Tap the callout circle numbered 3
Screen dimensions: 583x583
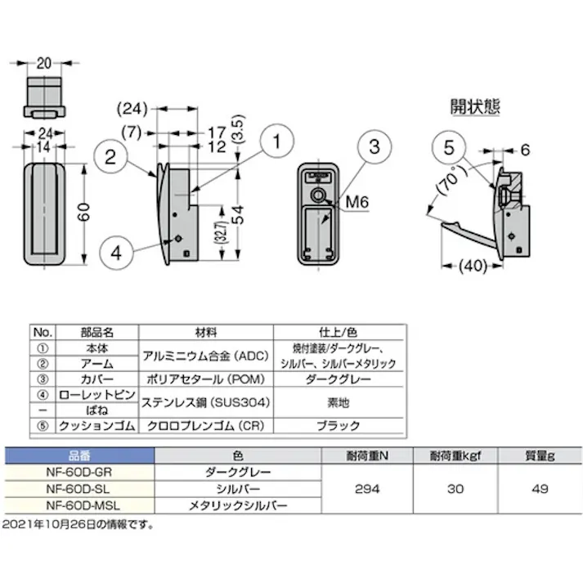[x=374, y=148]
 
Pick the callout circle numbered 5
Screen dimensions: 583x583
[x=448, y=149]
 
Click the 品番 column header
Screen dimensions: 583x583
[x=78, y=455]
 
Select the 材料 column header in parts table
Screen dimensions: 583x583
[x=205, y=332]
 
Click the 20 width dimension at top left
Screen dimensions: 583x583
[x=43, y=64]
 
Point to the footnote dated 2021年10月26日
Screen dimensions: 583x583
[x=78, y=524]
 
